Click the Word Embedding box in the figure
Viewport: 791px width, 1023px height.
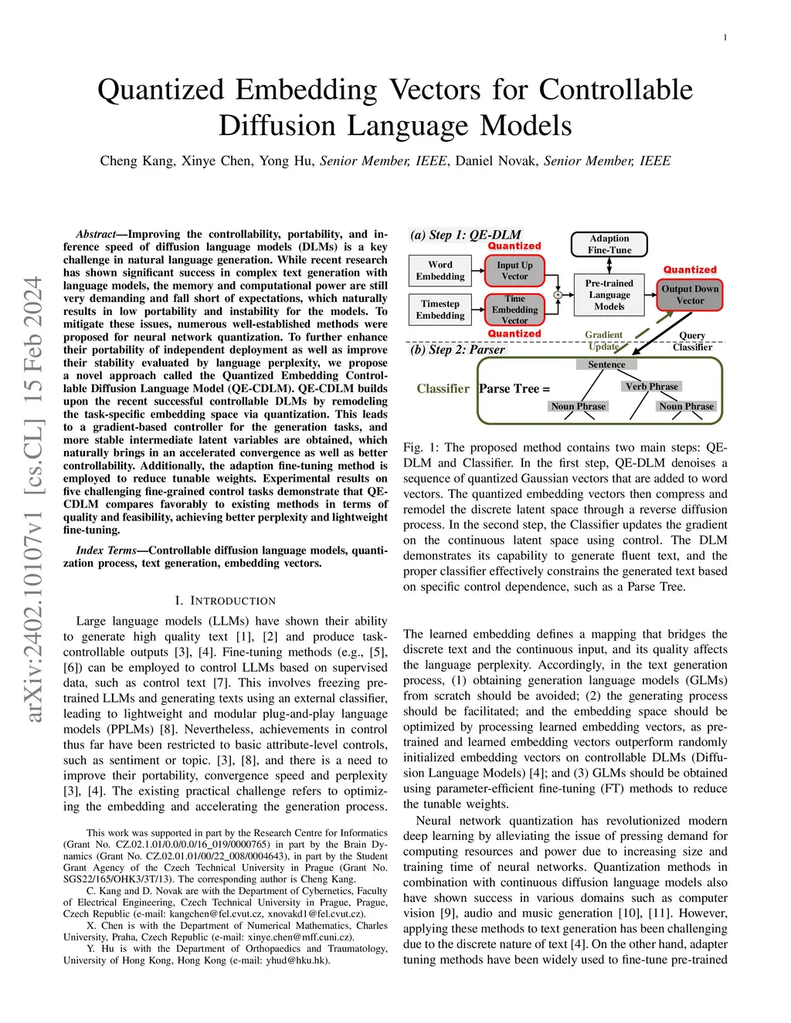tap(440, 270)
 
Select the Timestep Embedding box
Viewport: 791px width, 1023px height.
tap(440, 310)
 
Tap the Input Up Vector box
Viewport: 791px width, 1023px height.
tap(514, 270)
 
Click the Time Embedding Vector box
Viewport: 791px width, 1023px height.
tap(514, 310)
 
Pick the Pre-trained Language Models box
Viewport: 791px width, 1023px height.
tap(609, 295)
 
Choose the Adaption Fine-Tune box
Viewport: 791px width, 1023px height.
tap(609, 244)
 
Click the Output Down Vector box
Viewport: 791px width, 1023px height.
tap(690, 295)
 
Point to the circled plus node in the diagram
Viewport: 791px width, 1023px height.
tap(558, 295)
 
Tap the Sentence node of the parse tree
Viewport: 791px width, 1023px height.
tap(606, 364)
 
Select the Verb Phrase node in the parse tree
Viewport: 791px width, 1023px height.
tap(651, 386)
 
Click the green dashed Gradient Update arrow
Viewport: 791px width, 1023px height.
tap(640, 333)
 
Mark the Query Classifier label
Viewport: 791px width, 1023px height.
tap(692, 341)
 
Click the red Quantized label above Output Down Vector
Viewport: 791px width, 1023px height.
tap(690, 269)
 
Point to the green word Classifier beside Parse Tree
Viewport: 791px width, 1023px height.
tap(443, 388)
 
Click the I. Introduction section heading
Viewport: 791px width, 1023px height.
tap(225, 601)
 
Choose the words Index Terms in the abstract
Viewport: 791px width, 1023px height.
tap(106, 550)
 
